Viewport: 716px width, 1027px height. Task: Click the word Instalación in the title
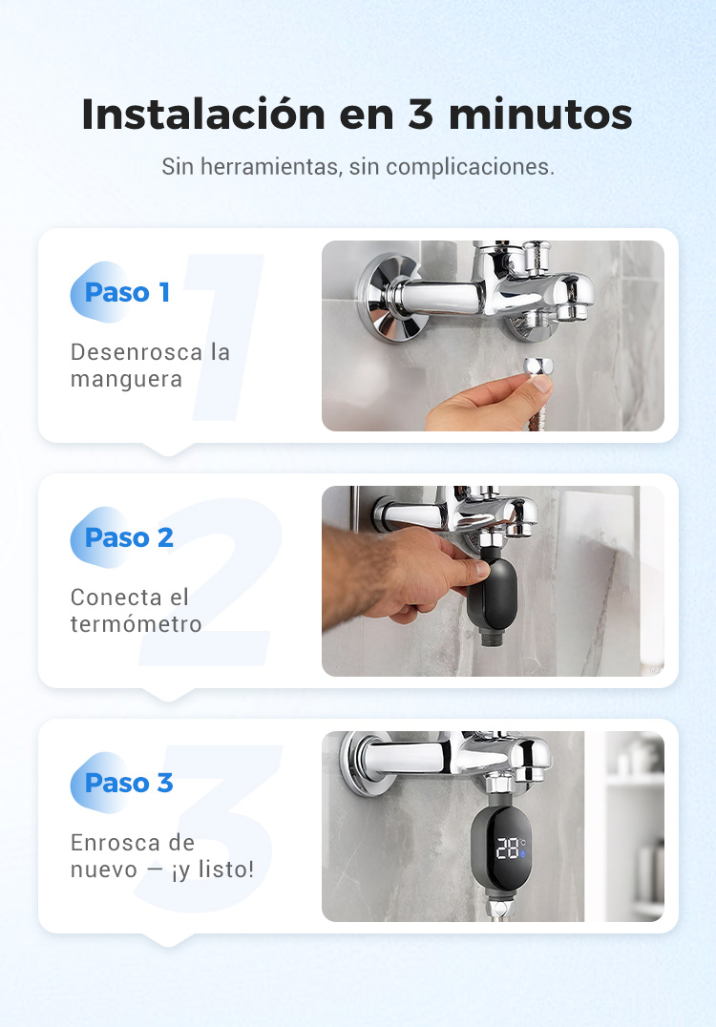point(203,114)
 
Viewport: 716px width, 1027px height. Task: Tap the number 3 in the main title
point(421,114)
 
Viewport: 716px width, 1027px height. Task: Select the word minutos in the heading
point(540,114)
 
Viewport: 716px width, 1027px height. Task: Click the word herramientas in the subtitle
point(270,166)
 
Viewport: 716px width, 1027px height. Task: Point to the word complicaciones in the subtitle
point(469,168)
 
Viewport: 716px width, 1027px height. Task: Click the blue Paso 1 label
point(127,292)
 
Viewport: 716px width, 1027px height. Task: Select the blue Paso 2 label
point(129,537)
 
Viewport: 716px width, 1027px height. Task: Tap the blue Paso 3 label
point(129,783)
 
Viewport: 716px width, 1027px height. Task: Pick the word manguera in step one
point(126,380)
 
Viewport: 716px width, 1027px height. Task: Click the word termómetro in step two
point(136,624)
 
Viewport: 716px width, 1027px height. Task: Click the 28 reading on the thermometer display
point(507,848)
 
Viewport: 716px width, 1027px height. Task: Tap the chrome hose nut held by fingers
point(538,367)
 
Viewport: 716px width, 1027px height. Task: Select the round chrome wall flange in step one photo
point(388,298)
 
